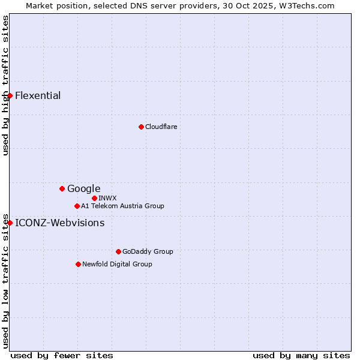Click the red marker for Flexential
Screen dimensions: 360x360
click(10, 95)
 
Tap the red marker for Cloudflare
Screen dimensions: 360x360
click(141, 127)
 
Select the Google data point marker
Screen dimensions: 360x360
click(62, 188)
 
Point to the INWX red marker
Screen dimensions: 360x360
click(94, 198)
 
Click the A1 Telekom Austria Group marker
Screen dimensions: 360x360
click(77, 206)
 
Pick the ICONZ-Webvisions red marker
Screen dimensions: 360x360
click(10, 223)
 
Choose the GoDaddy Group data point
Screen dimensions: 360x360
click(118, 251)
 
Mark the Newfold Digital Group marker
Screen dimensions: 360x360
click(78, 264)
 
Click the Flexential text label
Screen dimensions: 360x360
click(38, 96)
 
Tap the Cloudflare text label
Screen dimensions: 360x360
click(161, 127)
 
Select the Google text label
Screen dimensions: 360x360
click(83, 189)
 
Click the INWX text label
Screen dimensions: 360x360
click(107, 198)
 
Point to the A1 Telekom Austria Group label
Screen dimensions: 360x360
click(122, 206)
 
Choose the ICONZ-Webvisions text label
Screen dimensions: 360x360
click(59, 223)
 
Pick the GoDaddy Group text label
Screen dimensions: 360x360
click(148, 251)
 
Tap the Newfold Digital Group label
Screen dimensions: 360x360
click(117, 264)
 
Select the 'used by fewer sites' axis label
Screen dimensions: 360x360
click(62, 355)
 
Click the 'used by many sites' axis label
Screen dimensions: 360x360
click(301, 355)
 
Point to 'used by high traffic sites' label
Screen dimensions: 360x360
click(5, 85)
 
